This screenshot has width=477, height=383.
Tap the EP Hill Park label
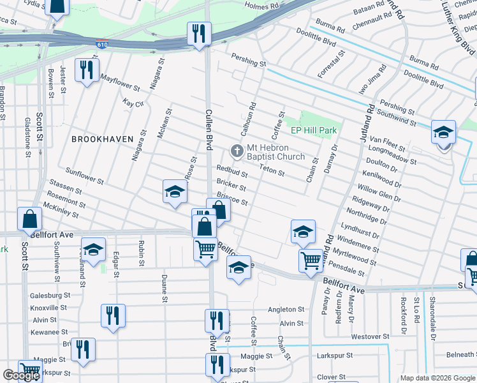pos(313,131)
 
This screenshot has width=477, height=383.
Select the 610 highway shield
pos(102,45)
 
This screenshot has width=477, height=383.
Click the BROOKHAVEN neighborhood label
pos(102,139)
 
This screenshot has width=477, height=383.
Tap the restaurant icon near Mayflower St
pos(85,70)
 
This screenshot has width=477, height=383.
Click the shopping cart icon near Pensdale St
pos(311,260)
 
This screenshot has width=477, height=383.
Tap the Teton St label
pos(272,171)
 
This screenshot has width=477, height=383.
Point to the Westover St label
pos(370,336)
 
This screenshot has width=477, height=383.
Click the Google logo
pos(21,375)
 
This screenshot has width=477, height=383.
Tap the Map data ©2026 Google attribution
pos(437,378)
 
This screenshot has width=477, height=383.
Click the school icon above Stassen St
pos(174,193)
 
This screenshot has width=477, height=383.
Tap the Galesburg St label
pos(49,296)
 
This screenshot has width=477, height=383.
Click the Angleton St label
pos(282,310)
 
